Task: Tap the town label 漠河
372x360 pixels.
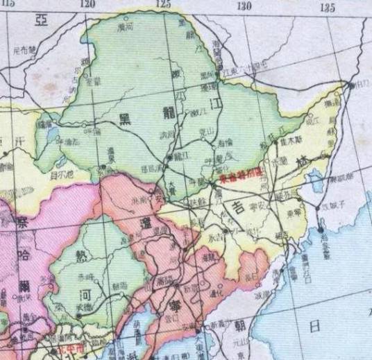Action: tap(125, 28)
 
